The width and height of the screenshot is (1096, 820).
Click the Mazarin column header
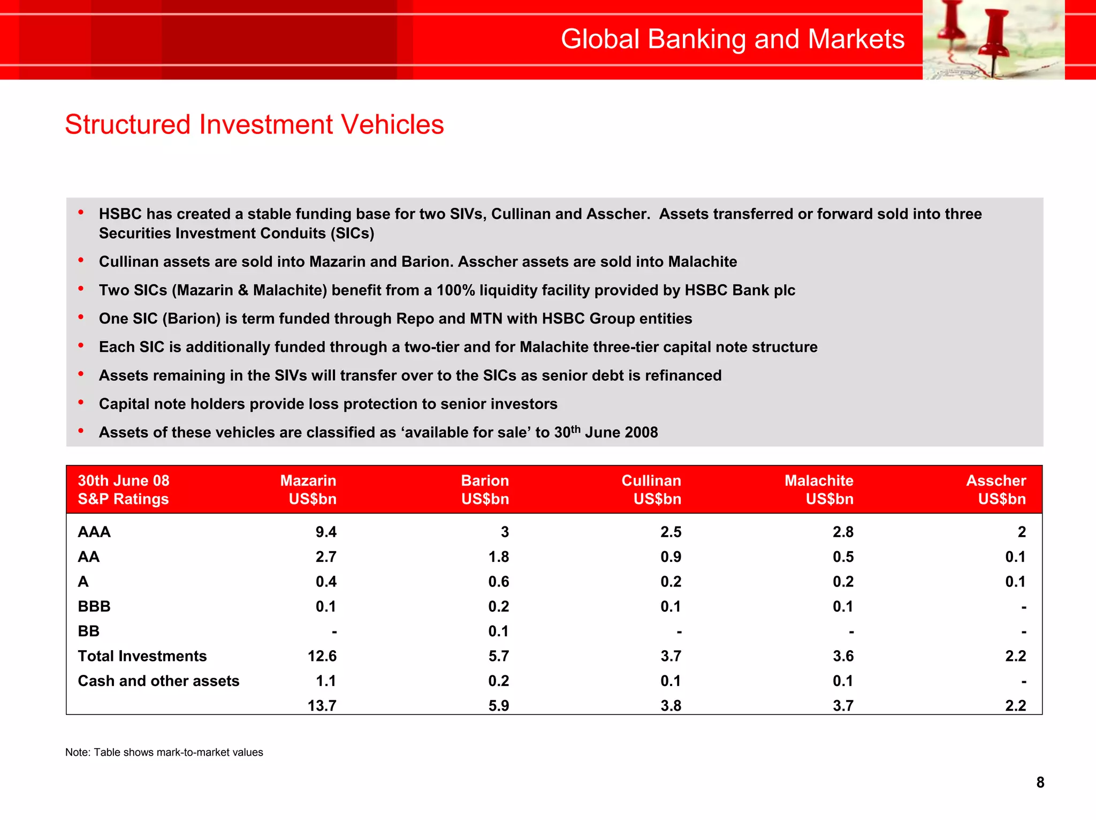[308, 489]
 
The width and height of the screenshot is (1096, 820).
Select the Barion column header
[485, 489]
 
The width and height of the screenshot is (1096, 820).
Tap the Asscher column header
[996, 489]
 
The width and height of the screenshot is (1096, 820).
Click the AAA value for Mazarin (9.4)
[326, 532]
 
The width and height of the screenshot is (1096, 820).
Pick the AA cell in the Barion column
[498, 557]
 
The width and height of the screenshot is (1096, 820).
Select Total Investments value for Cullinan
[671, 656]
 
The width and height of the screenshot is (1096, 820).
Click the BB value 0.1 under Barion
[498, 631]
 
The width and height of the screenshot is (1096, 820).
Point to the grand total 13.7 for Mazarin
[322, 705]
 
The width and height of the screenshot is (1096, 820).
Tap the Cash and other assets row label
[158, 681]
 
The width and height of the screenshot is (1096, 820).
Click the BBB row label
[94, 606]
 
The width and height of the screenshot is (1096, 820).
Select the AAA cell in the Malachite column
[843, 532]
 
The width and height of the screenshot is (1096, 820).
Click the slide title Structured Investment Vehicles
[254, 124]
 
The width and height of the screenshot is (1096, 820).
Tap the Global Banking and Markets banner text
[732, 39]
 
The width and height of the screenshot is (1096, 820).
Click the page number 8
[1040, 783]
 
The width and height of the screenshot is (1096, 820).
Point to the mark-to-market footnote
[164, 752]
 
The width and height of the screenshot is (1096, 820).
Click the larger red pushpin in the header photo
[994, 37]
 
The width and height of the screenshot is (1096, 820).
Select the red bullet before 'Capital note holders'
[81, 402]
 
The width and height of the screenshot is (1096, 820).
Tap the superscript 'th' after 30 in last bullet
[576, 428]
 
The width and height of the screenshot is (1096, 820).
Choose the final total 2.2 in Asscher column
[1015, 705]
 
